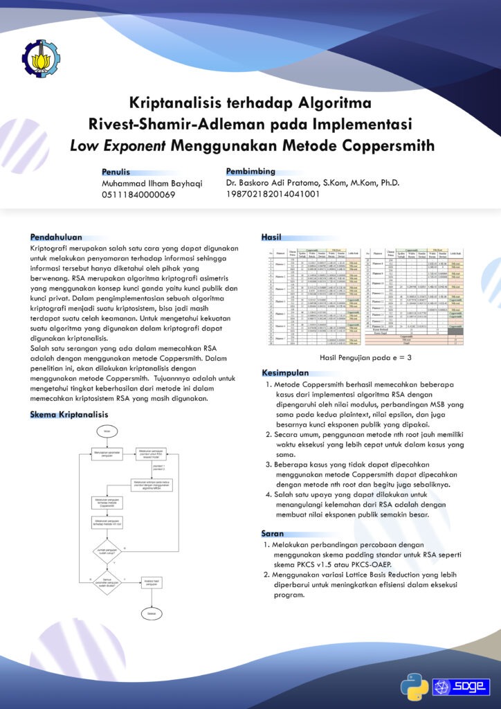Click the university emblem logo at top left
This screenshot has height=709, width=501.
tap(43, 60)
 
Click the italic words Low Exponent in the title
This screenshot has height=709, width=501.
tap(118, 145)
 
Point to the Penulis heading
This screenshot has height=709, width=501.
tap(116, 172)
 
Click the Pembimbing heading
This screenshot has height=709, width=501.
tap(250, 171)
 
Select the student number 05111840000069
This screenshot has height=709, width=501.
tap(138, 195)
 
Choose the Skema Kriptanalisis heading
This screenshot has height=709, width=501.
tap(69, 414)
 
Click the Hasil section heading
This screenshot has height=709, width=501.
tap(271, 237)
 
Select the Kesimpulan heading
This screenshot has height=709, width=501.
tap(285, 373)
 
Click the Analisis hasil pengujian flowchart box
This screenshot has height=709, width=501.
tap(152, 582)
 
